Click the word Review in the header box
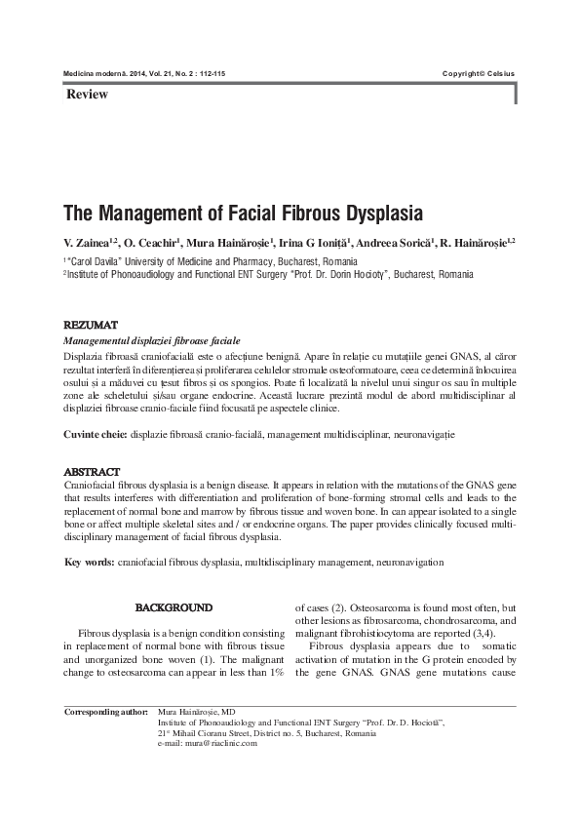coord(87,95)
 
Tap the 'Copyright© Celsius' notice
coord(478,74)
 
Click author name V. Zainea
coord(88,242)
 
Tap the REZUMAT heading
coord(91,324)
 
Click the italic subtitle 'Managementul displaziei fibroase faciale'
coord(151,339)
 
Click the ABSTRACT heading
coord(92,471)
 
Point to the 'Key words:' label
coord(89,563)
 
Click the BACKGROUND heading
coord(173,607)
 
